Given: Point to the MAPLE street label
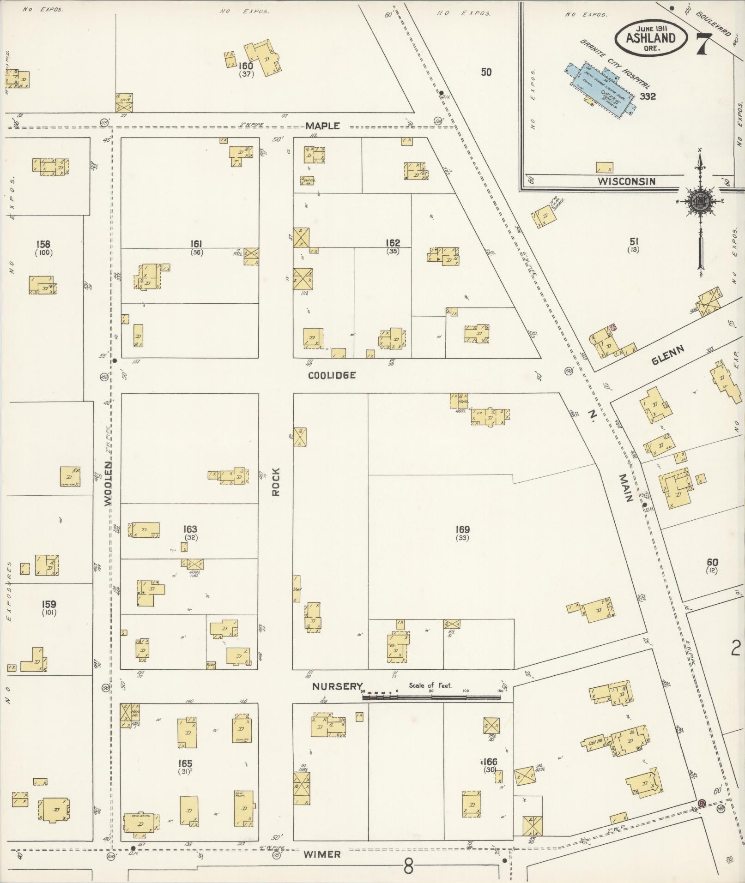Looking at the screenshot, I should (322, 126).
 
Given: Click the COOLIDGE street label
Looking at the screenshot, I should (332, 375).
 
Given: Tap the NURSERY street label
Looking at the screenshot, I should (337, 686).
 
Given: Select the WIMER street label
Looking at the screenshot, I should (321, 854).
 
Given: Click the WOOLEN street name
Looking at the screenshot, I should (108, 483).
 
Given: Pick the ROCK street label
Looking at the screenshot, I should (276, 482).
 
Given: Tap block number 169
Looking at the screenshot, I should (462, 529).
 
